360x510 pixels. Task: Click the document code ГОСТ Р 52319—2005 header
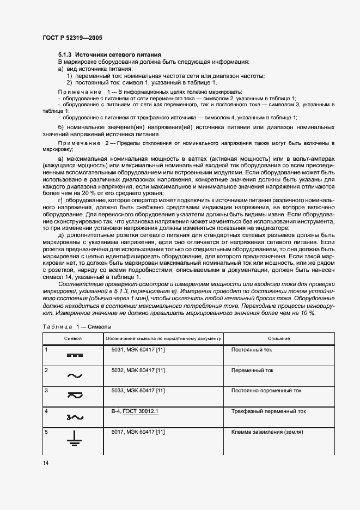(x=72, y=38)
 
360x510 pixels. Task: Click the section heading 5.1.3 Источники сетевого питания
(x=109, y=55)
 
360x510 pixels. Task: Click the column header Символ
(x=73, y=338)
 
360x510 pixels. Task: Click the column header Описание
(x=278, y=338)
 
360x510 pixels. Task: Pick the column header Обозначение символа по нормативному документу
(x=162, y=338)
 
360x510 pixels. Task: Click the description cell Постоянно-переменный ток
(x=266, y=390)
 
